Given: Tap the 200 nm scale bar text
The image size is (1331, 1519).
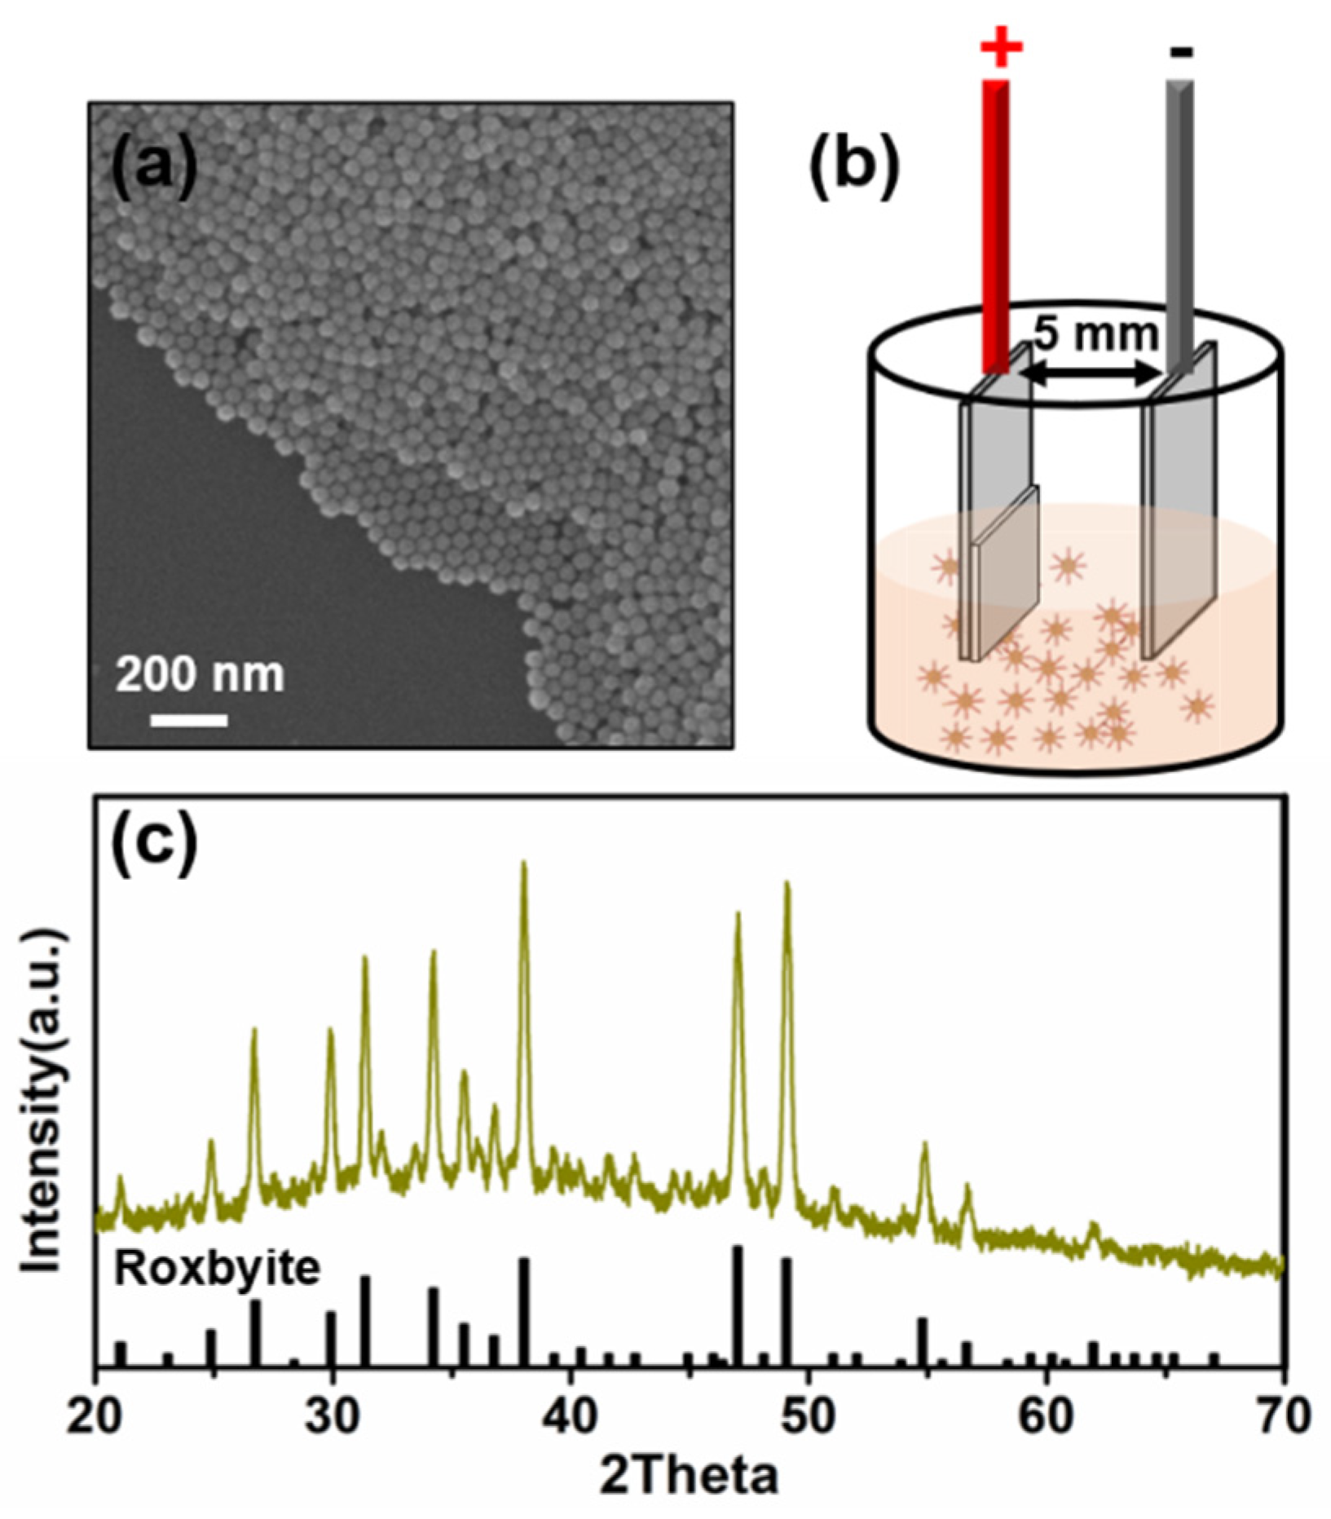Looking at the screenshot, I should pyautogui.click(x=199, y=674).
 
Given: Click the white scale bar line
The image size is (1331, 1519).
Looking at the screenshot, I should pyautogui.click(x=189, y=720).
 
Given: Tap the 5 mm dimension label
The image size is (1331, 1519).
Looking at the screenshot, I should pyautogui.click(x=1095, y=333).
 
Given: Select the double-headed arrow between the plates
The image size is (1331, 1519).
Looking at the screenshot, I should pyautogui.click(x=1092, y=373).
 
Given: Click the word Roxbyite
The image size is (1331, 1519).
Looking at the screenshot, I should pyautogui.click(x=216, y=1270).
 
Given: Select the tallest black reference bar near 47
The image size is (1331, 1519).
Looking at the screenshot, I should pyautogui.click(x=738, y=1305).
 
